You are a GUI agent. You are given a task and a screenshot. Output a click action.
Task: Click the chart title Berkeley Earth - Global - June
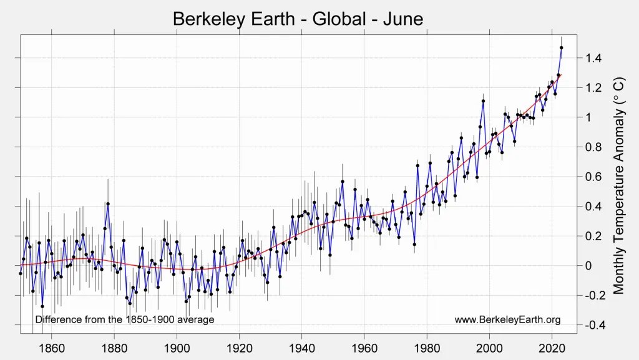click(x=298, y=19)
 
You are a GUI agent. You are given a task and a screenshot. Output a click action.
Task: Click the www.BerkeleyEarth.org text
click(x=507, y=320)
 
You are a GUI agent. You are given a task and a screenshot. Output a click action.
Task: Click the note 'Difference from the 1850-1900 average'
click(x=125, y=320)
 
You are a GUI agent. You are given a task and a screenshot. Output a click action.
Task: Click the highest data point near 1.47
click(x=562, y=47)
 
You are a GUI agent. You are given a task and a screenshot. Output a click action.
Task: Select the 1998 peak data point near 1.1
click(x=483, y=101)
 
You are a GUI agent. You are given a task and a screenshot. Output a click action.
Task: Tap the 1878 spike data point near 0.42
click(x=108, y=203)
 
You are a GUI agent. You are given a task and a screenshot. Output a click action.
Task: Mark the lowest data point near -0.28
click(x=42, y=306)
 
